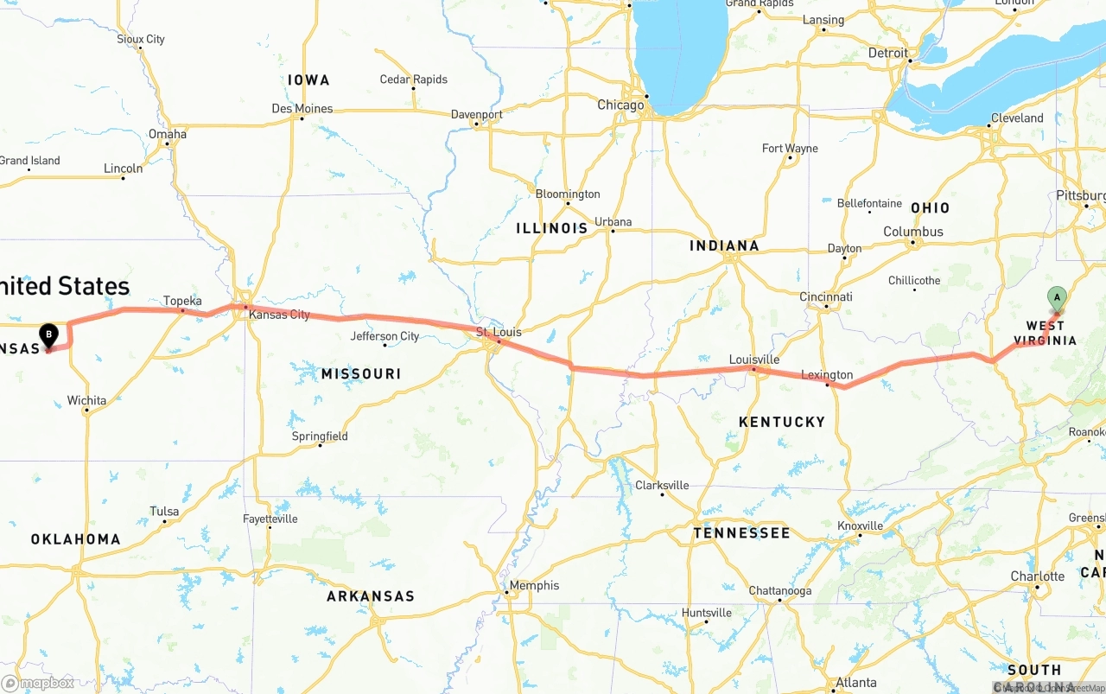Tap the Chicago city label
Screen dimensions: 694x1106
click(620, 105)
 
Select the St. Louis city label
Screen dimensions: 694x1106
click(499, 332)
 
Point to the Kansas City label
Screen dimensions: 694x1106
click(279, 315)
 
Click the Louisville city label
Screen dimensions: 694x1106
click(753, 360)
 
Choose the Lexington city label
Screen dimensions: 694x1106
click(827, 375)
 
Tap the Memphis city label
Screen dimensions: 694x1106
click(534, 585)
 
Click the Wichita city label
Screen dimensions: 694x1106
click(86, 400)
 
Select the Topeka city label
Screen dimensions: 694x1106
click(182, 301)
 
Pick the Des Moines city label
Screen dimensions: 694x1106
click(302, 108)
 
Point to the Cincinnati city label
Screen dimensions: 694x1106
click(825, 296)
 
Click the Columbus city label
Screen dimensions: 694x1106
click(912, 232)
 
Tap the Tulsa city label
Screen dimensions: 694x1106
click(164, 511)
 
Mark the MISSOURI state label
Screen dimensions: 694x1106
click(361, 373)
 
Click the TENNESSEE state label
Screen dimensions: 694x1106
click(741, 532)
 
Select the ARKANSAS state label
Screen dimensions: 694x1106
click(370, 595)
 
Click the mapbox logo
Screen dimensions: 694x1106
click(38, 683)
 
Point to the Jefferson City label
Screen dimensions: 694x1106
click(385, 336)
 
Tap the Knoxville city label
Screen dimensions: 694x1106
click(860, 525)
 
